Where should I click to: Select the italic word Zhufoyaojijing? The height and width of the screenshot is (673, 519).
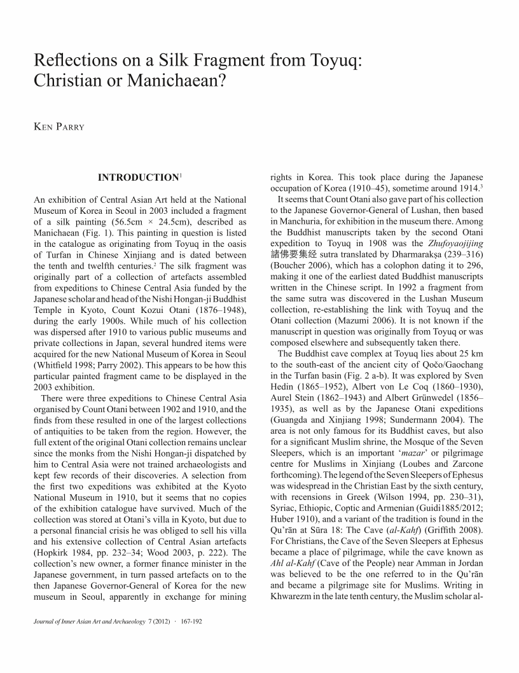point(457,244)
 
